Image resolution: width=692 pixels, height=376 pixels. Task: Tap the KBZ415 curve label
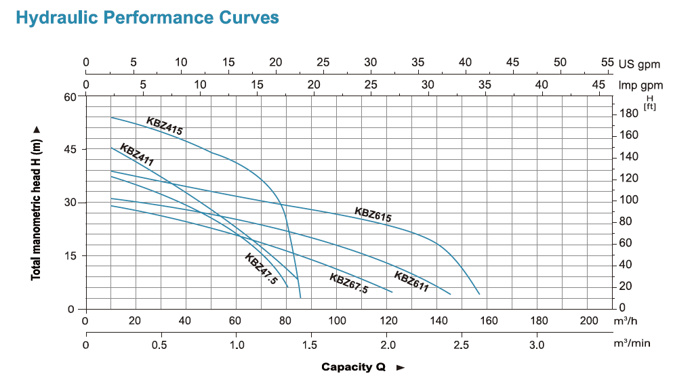click(x=165, y=126)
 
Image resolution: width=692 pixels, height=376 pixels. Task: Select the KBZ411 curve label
click(x=137, y=155)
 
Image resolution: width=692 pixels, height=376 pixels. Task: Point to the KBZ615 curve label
click(x=373, y=215)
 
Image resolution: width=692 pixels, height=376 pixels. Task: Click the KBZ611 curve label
click(x=411, y=281)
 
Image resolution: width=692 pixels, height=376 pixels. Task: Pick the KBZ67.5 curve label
click(x=348, y=283)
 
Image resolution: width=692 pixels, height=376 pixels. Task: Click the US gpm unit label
click(x=639, y=64)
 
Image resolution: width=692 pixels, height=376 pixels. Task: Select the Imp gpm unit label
click(x=640, y=85)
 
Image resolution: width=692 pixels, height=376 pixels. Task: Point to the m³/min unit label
click(x=632, y=343)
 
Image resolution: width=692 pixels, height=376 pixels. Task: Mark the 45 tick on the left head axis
click(x=69, y=150)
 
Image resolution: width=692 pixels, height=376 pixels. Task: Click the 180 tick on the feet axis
click(x=630, y=114)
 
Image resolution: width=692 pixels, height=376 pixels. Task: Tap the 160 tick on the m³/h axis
click(x=489, y=320)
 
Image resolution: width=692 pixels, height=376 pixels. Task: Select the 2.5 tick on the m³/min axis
click(x=462, y=344)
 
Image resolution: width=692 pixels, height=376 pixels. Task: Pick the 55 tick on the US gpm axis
click(x=607, y=62)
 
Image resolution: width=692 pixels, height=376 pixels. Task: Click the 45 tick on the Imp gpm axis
click(x=598, y=85)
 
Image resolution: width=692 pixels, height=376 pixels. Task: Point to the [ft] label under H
click(x=649, y=106)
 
